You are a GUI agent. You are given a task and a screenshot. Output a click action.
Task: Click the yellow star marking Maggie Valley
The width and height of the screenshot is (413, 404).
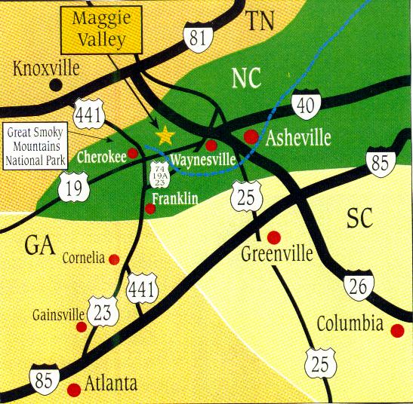[164, 136]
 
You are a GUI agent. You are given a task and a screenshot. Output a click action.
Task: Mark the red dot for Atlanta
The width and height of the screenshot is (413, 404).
[74, 390]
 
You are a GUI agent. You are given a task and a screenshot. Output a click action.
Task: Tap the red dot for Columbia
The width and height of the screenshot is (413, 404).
[398, 329]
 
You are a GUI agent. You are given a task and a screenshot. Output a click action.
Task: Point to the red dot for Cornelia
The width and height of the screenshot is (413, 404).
[114, 259]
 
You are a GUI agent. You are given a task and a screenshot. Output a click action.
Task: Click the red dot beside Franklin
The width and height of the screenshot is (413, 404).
[150, 208]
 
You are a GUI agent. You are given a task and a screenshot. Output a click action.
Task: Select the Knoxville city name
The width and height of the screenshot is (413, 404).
[46, 69]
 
